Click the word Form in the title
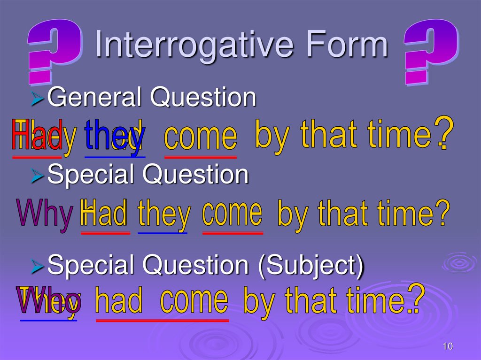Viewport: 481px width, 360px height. click(350, 46)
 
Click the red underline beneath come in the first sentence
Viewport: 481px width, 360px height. click(200, 157)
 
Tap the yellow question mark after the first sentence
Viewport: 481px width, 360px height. click(443, 131)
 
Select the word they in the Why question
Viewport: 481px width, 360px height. click(164, 215)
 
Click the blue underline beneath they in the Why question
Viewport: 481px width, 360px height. click(163, 232)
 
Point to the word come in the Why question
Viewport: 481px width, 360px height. click(232, 214)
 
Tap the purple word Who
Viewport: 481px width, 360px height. click(49, 300)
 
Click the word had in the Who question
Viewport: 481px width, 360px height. click(118, 302)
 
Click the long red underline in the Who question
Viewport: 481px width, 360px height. click(163, 320)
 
